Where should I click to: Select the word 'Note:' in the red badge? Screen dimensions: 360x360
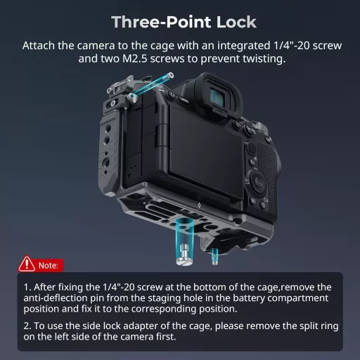click(49, 265)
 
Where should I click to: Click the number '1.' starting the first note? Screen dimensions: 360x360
click(27, 288)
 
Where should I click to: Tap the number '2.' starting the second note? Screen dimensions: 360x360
click(27, 326)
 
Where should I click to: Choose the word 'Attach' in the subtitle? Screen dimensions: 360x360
click(40, 46)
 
